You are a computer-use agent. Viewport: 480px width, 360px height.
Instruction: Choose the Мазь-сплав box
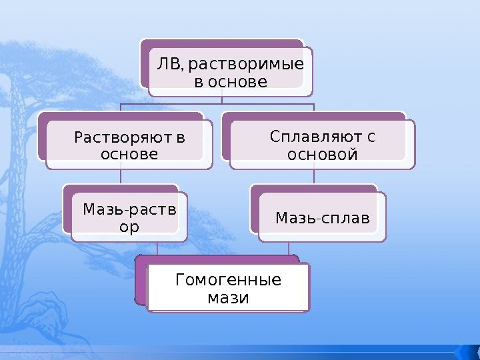323,217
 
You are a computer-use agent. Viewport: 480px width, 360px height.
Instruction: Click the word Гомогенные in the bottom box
228,279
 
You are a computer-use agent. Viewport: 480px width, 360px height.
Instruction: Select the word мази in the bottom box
228,297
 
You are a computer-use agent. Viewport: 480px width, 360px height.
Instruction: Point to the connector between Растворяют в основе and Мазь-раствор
121,176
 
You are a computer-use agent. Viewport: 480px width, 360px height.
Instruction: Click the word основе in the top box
230,82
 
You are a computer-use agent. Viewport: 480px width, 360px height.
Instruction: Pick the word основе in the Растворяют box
129,155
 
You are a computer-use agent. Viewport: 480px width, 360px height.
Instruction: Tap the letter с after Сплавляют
370,137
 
